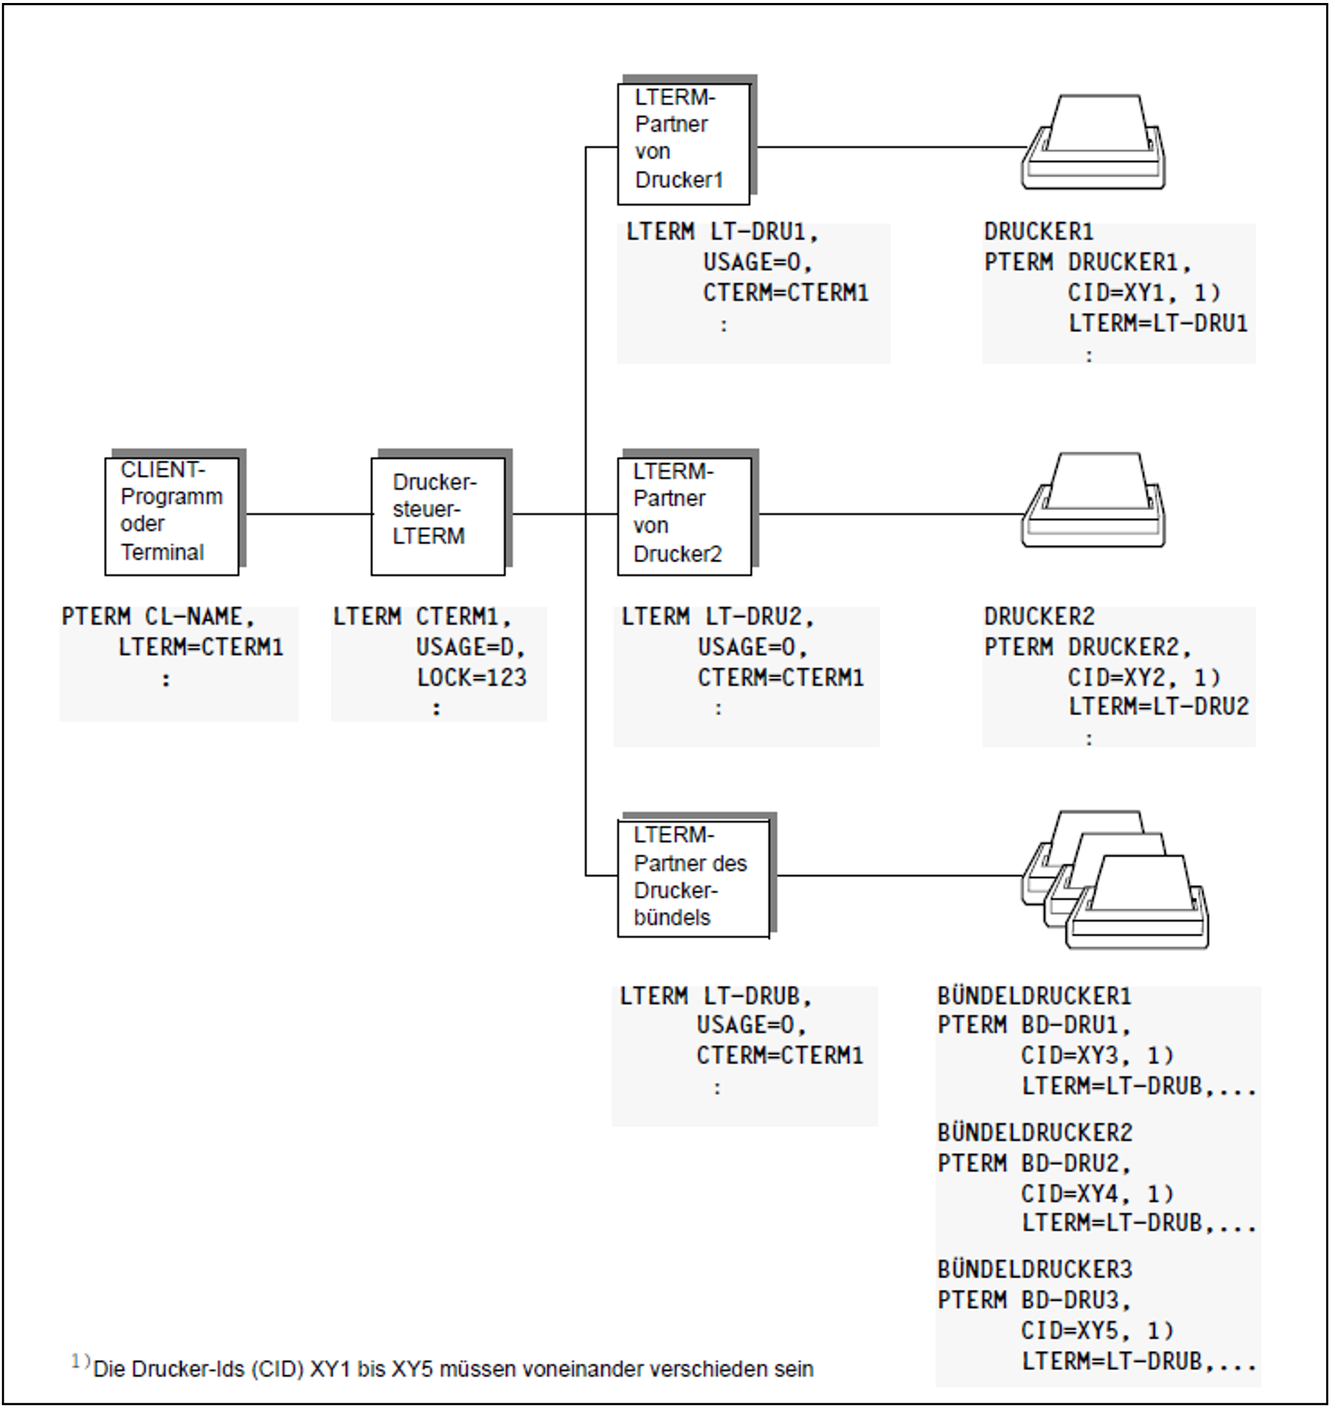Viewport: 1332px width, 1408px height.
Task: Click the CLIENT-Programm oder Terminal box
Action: tap(172, 516)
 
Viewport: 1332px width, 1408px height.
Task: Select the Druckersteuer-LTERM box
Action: tap(438, 516)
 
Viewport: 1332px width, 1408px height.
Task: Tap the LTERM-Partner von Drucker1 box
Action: tap(683, 143)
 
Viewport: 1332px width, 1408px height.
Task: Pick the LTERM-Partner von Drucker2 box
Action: tap(684, 516)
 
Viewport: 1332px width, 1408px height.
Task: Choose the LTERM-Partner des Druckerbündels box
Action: tap(693, 879)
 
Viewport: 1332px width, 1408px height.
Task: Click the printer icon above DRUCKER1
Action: tap(1093, 143)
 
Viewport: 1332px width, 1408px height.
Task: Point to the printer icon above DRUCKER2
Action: tap(1093, 501)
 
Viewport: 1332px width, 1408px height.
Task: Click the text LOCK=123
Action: tap(471, 678)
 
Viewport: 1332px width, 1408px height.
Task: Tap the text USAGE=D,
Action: tap(470, 647)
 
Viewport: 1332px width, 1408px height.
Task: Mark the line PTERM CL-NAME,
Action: tap(158, 616)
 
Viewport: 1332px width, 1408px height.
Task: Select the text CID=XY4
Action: tap(1072, 1193)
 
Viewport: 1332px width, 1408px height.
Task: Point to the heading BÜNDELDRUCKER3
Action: tap(1035, 1269)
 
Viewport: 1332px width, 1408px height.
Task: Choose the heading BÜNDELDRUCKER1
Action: tap(1034, 996)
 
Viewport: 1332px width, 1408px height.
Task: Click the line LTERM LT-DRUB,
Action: tap(715, 996)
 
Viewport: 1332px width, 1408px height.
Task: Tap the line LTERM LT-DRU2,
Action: tap(717, 616)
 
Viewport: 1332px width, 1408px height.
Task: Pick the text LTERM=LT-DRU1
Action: tap(1158, 323)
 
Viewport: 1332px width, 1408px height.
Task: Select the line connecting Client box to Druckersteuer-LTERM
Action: tap(308, 514)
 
